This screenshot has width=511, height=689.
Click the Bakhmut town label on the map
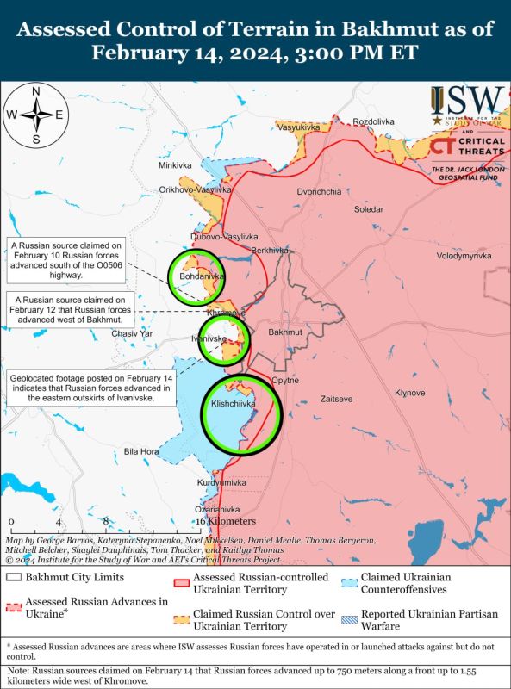[x=284, y=332]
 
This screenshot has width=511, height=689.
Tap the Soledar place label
[x=370, y=209]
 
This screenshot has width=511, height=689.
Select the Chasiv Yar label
[x=133, y=333]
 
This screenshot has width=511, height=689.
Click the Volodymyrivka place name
[x=463, y=257]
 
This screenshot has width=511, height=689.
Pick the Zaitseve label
[x=335, y=400]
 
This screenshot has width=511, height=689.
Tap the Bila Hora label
[x=141, y=451]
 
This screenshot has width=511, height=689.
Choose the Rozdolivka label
[x=373, y=121]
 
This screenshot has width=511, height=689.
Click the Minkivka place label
[x=175, y=165]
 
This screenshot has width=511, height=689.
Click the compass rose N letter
[x=35, y=92]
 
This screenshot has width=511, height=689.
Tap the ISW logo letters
[x=468, y=99]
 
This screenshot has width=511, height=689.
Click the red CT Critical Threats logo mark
[x=443, y=146]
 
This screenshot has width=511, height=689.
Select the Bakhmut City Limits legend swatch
[x=13, y=577]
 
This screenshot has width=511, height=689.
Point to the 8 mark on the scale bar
[x=105, y=521]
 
